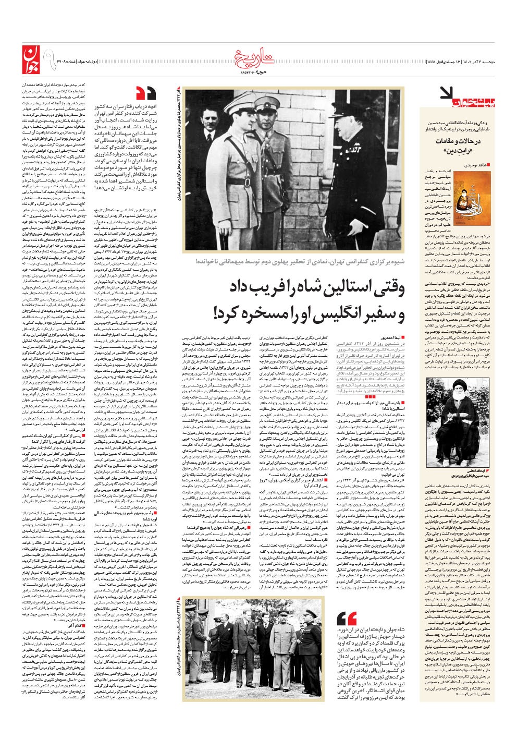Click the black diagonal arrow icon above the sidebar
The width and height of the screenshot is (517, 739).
[x=447, y=93]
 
